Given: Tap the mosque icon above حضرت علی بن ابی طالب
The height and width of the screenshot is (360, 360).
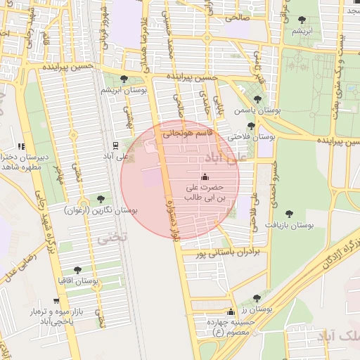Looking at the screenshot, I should point(205,176).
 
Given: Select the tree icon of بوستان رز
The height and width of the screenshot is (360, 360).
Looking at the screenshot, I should point(266,298).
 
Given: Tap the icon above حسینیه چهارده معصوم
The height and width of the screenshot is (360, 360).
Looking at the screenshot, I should point(231,311).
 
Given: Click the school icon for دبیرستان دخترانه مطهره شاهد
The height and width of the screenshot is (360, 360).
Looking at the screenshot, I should point(21,147).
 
